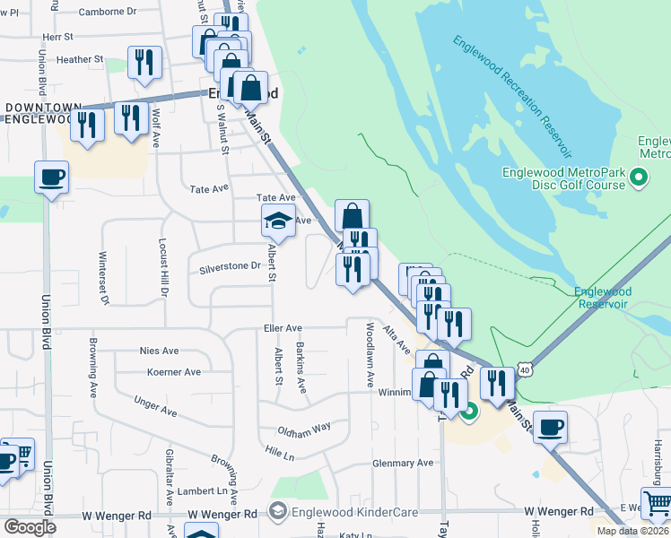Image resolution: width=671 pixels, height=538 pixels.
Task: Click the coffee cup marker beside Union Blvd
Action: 52,177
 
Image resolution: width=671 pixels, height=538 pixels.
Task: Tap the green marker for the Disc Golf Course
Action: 638,178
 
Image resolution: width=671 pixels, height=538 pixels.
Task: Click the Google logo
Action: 30,526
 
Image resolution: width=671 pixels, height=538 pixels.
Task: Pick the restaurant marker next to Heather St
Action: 144,63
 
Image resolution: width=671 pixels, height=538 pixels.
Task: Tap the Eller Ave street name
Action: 282,329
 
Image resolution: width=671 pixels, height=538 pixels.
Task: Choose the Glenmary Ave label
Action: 403,464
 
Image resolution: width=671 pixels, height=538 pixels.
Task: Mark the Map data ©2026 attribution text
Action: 633,531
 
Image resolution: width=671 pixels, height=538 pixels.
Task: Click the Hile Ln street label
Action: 280,454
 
